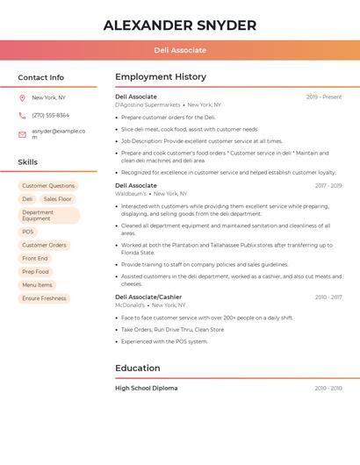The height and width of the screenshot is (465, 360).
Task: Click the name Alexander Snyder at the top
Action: (180, 25)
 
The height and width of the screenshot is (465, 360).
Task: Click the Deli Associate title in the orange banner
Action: (180, 50)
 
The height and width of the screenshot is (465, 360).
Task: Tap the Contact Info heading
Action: (40, 77)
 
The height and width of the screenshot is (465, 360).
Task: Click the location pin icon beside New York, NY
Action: (22, 97)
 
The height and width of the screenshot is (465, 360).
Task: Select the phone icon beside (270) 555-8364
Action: (22, 115)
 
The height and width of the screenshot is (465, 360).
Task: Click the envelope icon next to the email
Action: (22, 134)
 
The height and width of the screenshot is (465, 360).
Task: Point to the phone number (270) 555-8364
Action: (50, 115)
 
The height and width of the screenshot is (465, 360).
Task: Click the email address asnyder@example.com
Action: (58, 133)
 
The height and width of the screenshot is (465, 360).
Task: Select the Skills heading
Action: (28, 161)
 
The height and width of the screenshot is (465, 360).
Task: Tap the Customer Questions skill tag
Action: (48, 186)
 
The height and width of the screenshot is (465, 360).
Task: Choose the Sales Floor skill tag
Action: (57, 199)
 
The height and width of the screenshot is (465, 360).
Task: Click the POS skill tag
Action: (28, 232)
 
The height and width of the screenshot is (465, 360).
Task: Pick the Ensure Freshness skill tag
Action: (44, 298)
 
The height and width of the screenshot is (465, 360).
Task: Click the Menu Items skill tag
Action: (37, 285)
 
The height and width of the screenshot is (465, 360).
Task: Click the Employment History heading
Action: (161, 77)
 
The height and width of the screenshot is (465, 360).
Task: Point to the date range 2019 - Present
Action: (324, 97)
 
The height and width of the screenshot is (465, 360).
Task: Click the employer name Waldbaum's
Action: (131, 193)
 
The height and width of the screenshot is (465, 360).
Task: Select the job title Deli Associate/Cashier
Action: (148, 297)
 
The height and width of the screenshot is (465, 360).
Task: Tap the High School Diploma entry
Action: (146, 388)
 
